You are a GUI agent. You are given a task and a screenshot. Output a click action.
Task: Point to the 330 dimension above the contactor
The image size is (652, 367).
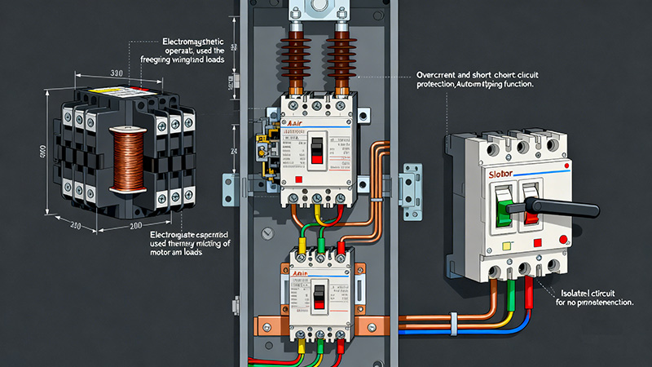tap(117, 73)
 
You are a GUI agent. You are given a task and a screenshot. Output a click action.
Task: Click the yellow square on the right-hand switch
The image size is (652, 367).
tap(508, 244)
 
